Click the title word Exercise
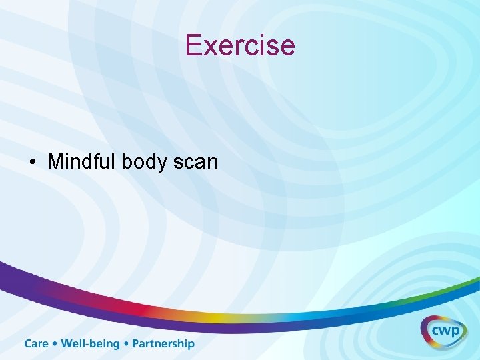(240, 45)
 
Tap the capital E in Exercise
(194, 45)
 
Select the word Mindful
(82, 161)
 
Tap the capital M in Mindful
(55, 161)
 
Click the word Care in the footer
(37, 344)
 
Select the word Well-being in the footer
(90, 344)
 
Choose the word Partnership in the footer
(163, 344)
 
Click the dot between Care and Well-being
(55, 344)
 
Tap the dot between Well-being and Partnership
(126, 344)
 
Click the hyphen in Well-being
(83, 345)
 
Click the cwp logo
(443, 331)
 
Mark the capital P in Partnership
(136, 344)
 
